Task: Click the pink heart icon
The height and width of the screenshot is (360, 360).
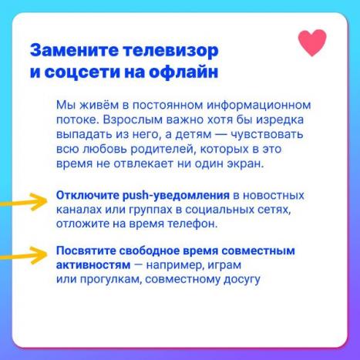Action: pyautogui.click(x=312, y=42)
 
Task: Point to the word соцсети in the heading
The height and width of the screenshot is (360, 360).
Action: pyautogui.click(x=82, y=72)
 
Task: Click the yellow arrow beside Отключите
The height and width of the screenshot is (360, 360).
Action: pyautogui.click(x=24, y=202)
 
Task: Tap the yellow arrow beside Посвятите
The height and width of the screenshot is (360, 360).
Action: pyautogui.click(x=24, y=255)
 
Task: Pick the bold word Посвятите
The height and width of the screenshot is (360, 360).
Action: pyautogui.click(x=86, y=251)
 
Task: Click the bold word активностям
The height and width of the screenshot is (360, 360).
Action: pyautogui.click(x=93, y=265)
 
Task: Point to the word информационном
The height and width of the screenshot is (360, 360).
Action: pyautogui.click(x=259, y=106)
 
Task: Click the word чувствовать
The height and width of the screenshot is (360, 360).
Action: pyautogui.click(x=267, y=135)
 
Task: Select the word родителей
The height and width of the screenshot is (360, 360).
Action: pyautogui.click(x=163, y=150)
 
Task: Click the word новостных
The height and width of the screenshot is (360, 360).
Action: pyautogui.click(x=274, y=196)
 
